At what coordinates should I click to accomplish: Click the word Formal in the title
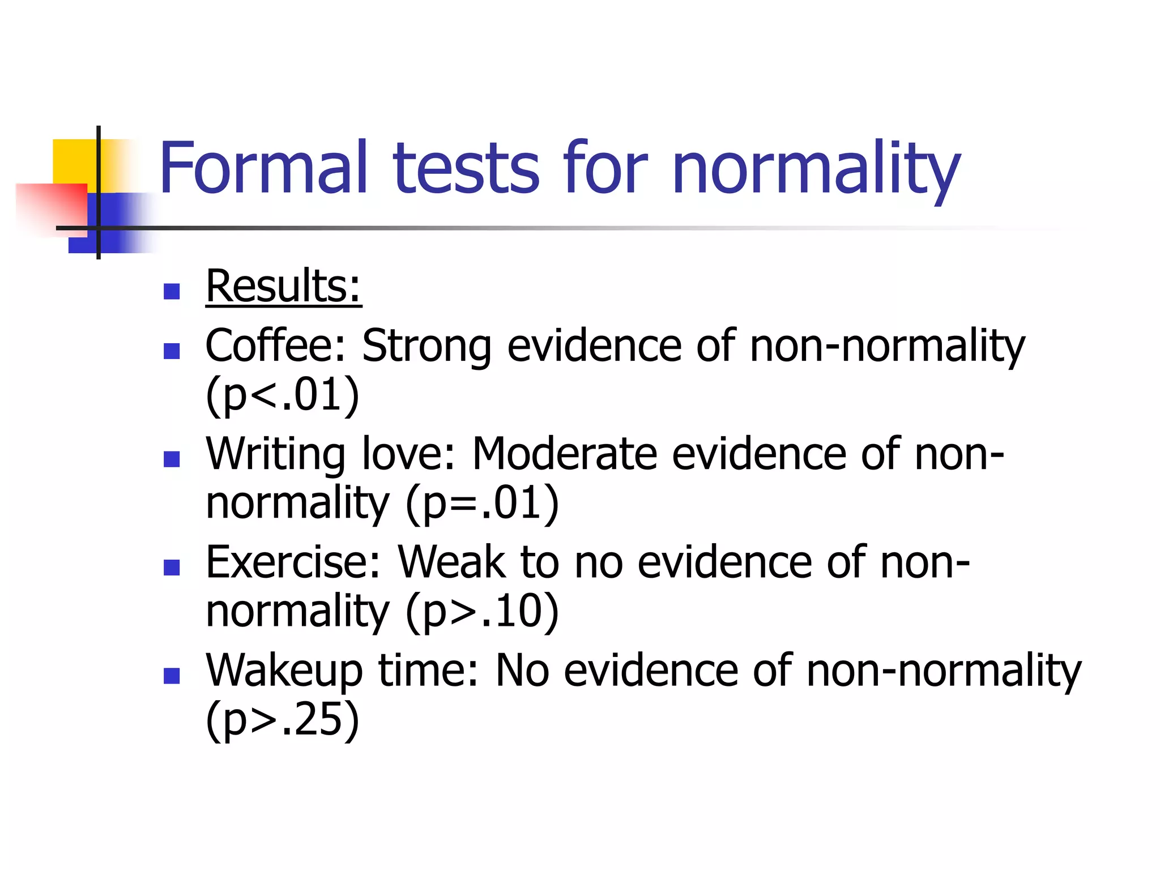(264, 169)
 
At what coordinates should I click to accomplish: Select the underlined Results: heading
(283, 287)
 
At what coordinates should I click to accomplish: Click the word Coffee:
(275, 346)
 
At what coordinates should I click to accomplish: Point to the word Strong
(426, 347)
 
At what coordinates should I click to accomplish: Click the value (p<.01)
(282, 395)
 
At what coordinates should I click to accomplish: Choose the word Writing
(275, 454)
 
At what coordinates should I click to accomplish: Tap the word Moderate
(564, 454)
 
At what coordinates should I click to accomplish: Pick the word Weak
(451, 562)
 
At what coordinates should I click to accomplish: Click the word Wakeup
(283, 671)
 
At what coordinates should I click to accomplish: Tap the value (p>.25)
(282, 719)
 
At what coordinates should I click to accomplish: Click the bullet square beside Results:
(172, 292)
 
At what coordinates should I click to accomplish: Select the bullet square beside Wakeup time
(172, 676)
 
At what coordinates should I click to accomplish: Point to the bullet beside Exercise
(172, 568)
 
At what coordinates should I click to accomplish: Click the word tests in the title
(466, 169)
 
